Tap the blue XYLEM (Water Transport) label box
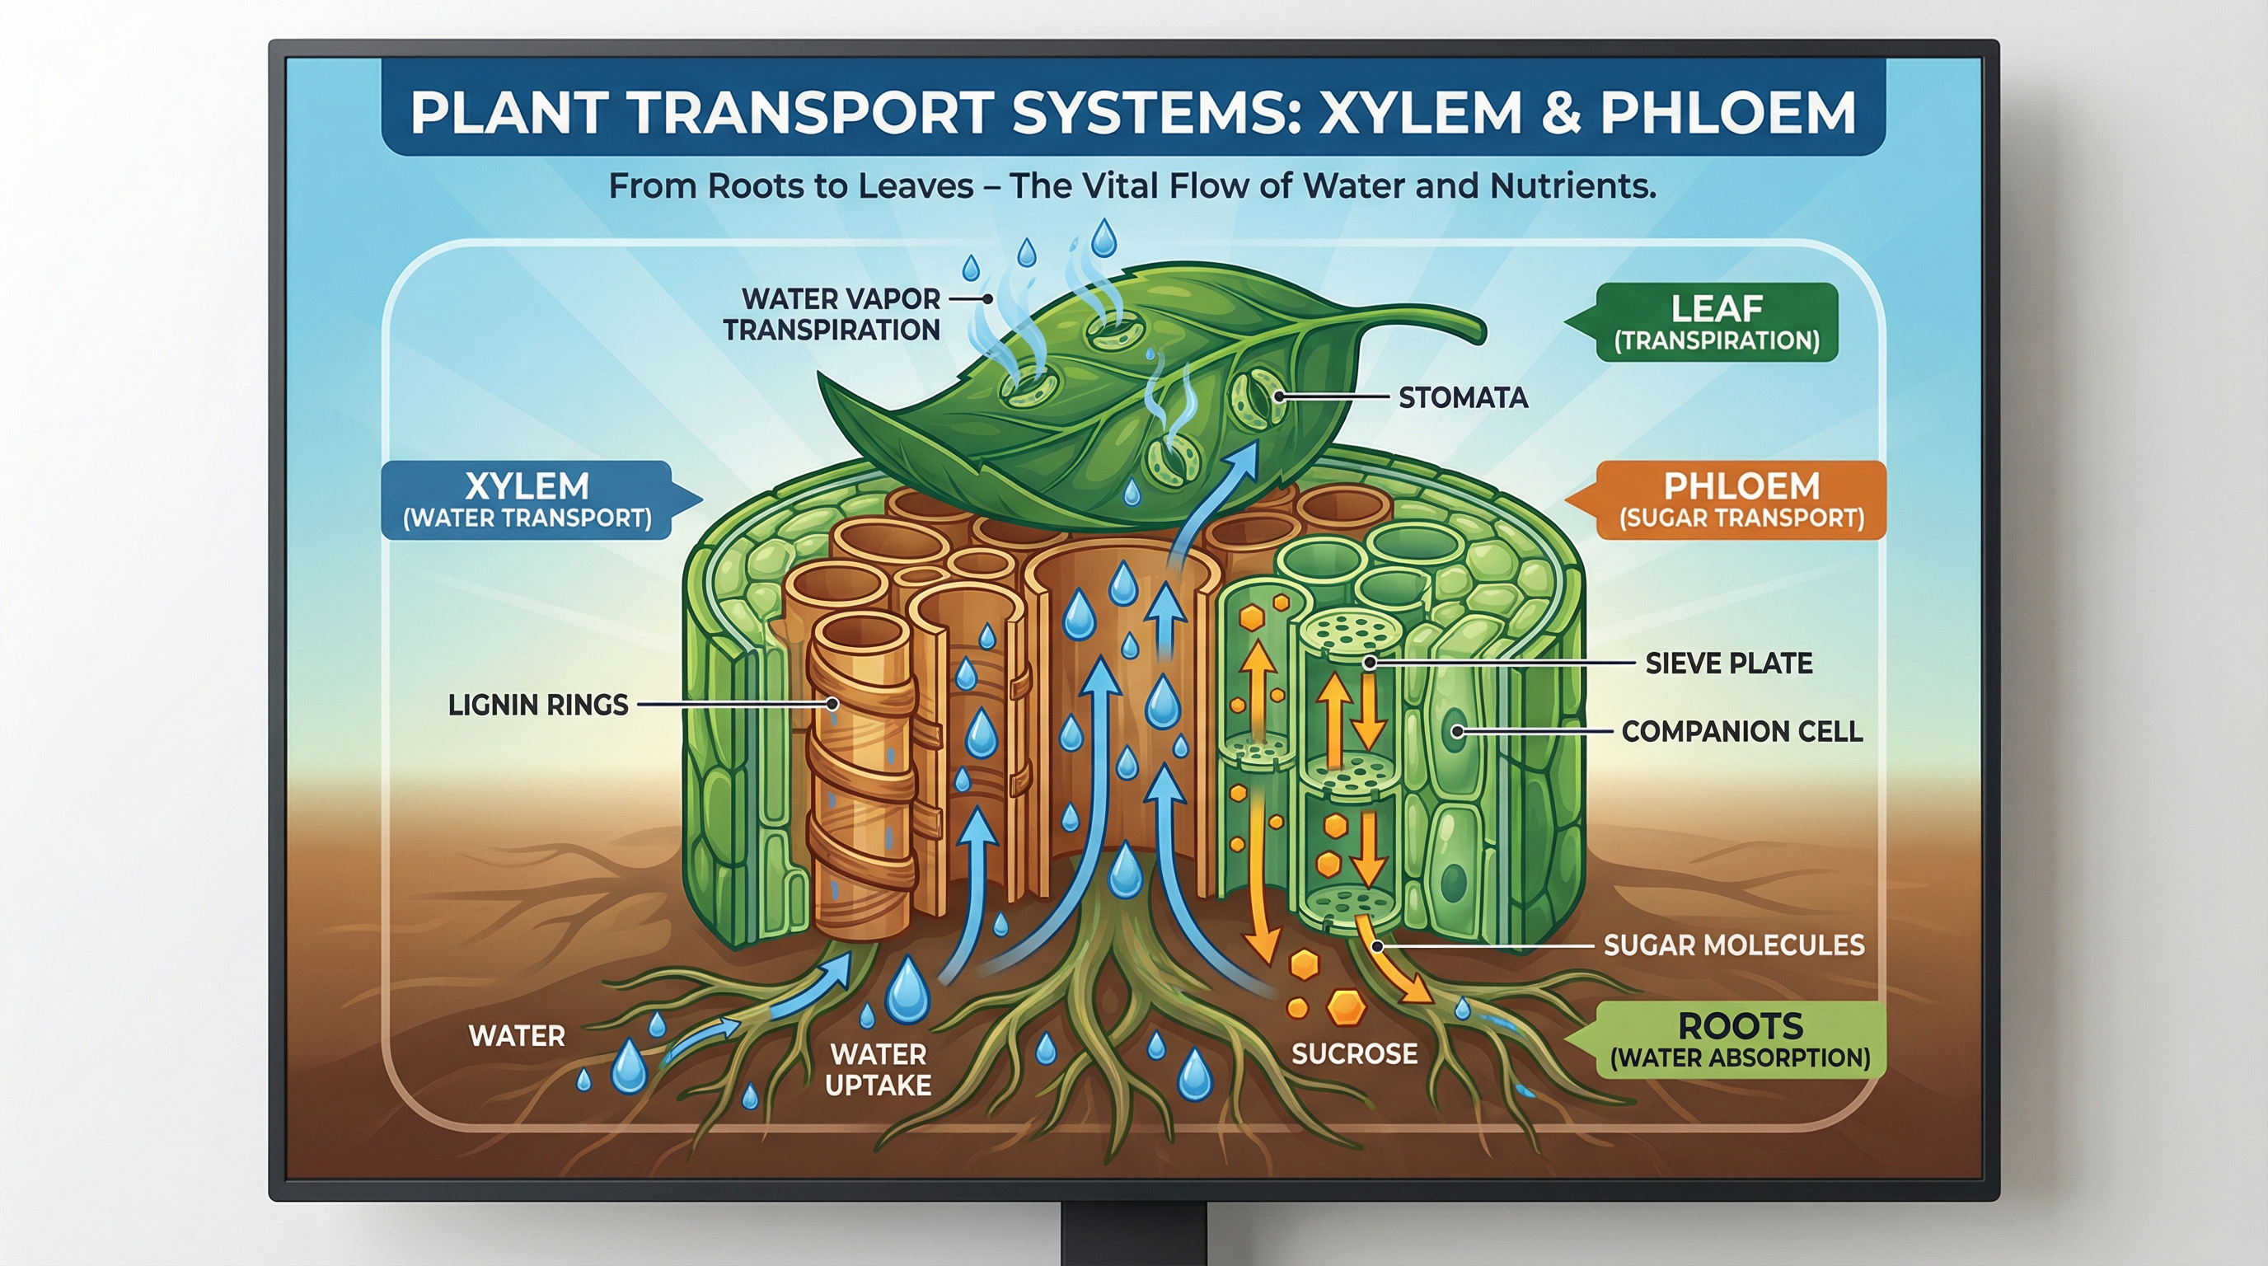click(527, 500)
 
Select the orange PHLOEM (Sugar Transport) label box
click(1741, 500)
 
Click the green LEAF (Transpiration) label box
click(1716, 322)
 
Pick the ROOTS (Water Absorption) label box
click(1740, 1039)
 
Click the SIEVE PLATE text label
click(1728, 663)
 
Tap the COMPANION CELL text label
click(1741, 731)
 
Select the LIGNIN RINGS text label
click(538, 705)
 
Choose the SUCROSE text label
click(1354, 1054)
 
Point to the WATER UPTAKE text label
click(878, 1070)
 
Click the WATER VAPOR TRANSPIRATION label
click(831, 314)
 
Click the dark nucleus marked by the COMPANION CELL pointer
click(1454, 731)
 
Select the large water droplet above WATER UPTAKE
click(907, 990)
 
